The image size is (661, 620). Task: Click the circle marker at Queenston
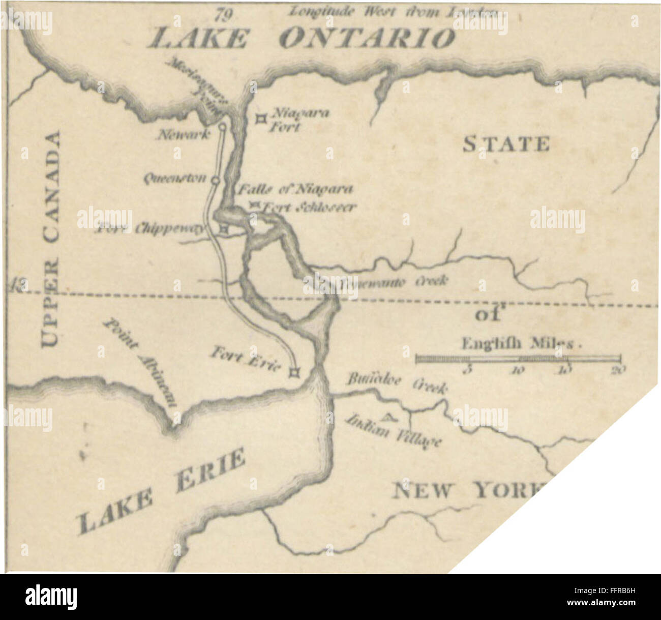[x=215, y=180]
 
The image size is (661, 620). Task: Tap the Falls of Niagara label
[x=295, y=190]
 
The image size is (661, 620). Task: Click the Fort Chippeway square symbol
[x=224, y=230]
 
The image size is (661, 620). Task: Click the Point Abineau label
[x=140, y=363]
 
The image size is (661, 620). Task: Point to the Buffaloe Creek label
[x=397, y=383]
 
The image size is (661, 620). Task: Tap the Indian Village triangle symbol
[x=388, y=418]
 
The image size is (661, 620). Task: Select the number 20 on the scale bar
[x=618, y=370]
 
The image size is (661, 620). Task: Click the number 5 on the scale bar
[x=469, y=370]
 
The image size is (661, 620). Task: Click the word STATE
[x=505, y=144]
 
